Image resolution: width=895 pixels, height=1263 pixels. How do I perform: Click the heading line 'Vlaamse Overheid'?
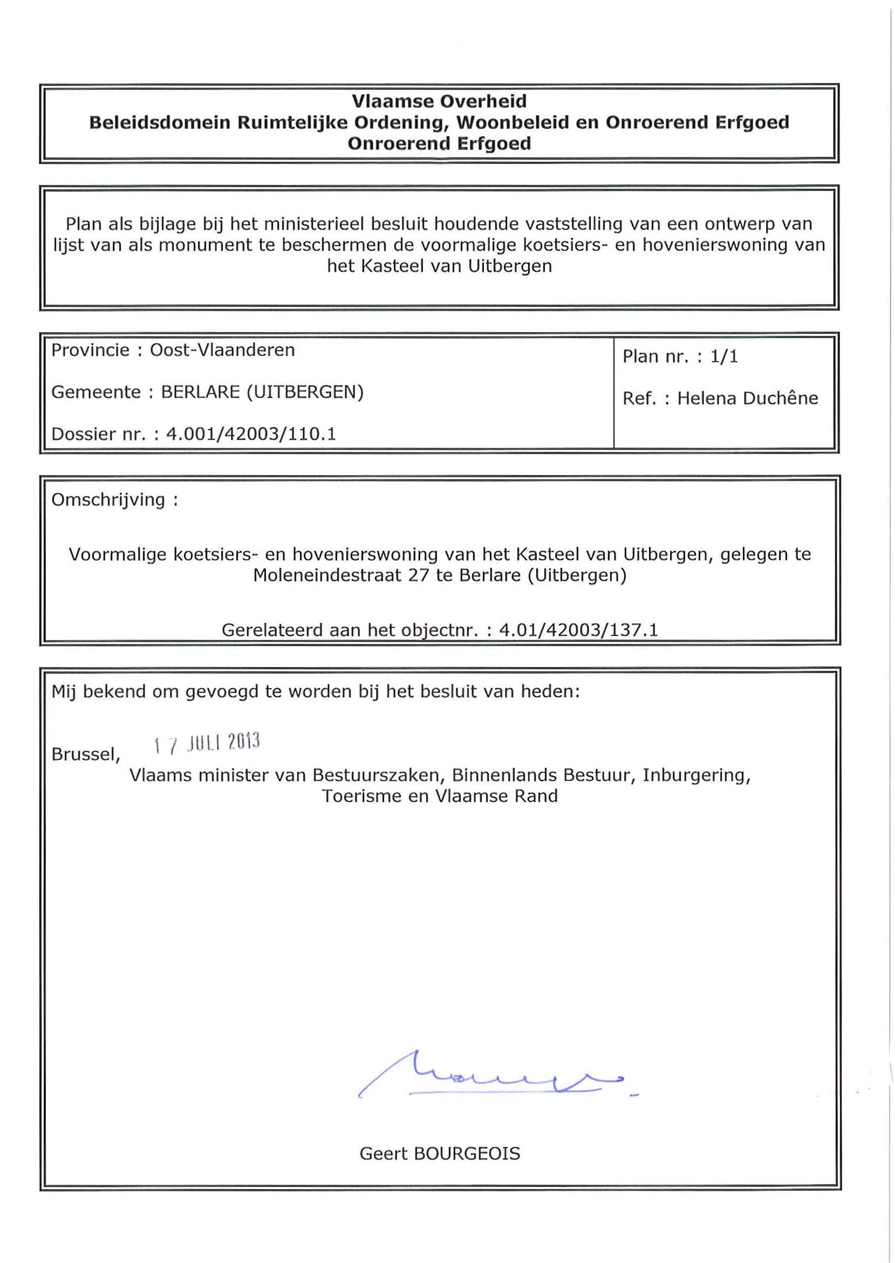click(439, 101)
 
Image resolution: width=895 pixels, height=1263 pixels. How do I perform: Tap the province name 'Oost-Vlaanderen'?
click(222, 350)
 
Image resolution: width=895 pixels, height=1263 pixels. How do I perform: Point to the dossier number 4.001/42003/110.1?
click(251, 434)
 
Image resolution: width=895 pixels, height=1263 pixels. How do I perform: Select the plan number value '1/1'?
click(723, 356)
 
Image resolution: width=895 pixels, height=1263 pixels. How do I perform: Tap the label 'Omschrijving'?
click(108, 499)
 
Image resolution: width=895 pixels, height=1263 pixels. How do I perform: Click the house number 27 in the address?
click(419, 575)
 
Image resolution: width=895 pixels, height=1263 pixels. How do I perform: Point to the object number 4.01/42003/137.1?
click(578, 629)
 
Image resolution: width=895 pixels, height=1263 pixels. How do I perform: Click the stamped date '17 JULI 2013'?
click(207, 743)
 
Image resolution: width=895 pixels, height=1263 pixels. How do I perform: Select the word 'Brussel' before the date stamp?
click(84, 754)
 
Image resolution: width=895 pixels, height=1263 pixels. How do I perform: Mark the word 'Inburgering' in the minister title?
click(695, 775)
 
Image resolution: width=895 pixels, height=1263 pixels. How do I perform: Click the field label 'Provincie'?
click(91, 350)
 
